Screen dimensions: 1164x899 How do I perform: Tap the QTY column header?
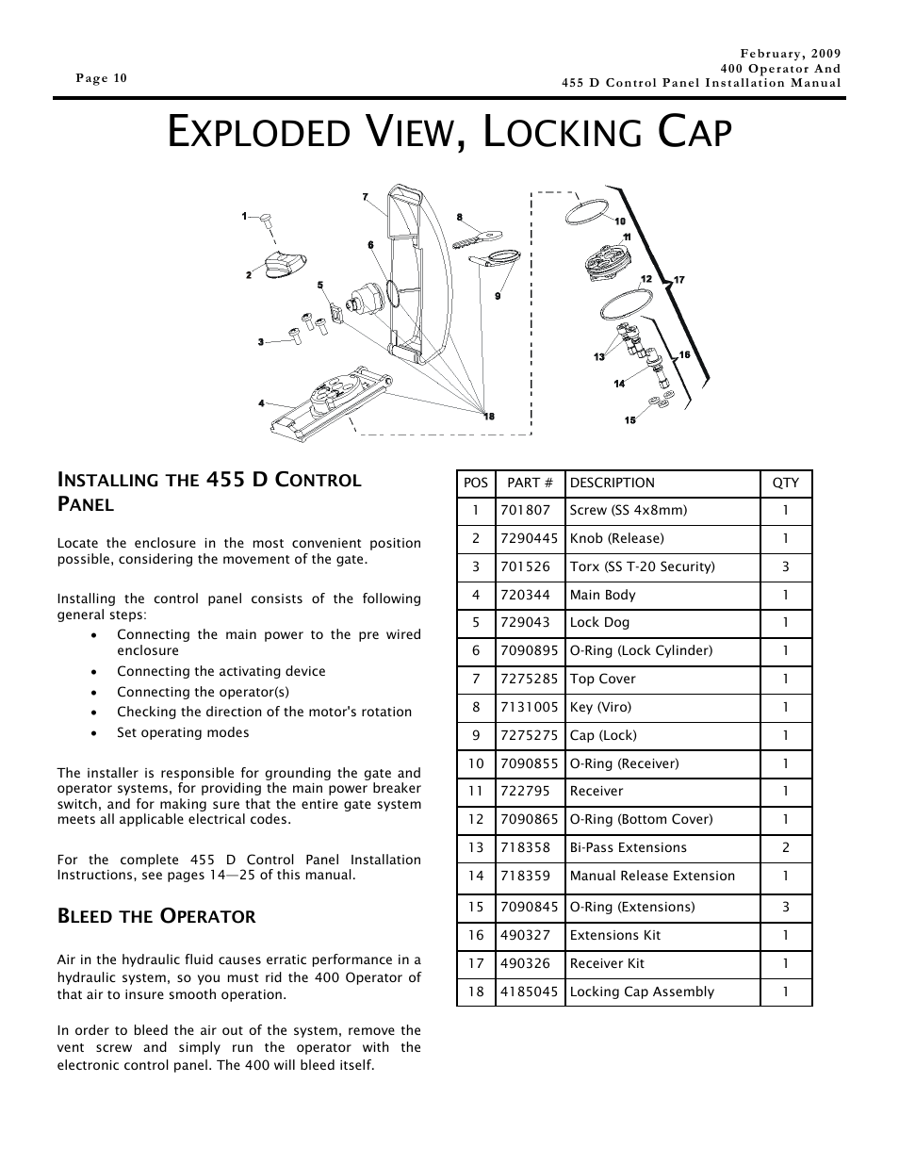785,483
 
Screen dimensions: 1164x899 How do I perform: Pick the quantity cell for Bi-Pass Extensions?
785,847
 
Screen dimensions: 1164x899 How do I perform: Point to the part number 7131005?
529,707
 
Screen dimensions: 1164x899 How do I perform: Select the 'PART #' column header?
529,483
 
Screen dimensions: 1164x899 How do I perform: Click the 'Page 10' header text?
101,78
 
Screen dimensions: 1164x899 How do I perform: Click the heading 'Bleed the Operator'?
156,916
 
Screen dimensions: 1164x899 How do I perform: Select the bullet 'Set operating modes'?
183,732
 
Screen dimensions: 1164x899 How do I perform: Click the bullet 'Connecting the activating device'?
221,671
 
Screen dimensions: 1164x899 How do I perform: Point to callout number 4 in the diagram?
261,403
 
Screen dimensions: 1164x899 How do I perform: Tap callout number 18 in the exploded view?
488,417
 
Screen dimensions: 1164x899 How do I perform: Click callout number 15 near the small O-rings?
629,420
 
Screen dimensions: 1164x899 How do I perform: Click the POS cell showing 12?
476,819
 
